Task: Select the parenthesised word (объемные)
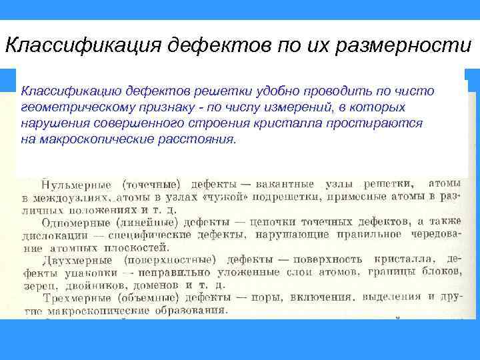pyautogui.click(x=151, y=296)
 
